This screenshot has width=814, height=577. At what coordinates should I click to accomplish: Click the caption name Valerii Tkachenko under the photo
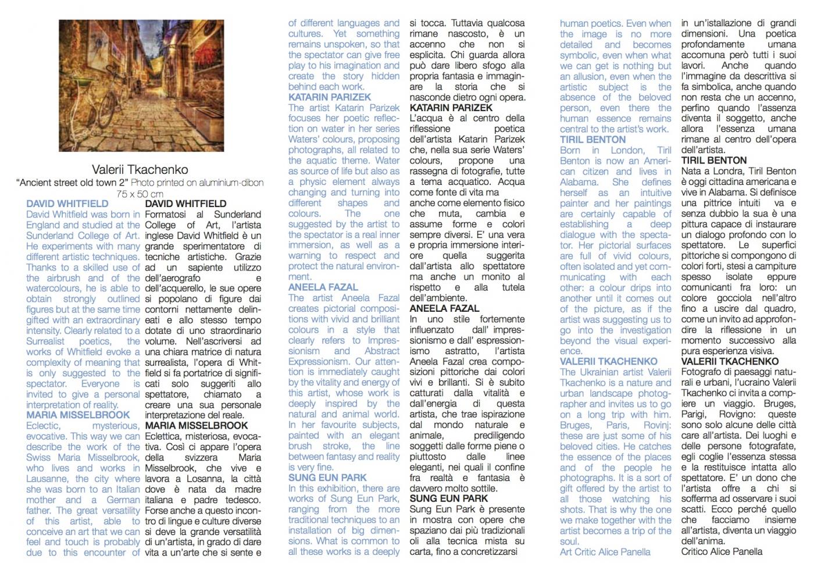point(140,170)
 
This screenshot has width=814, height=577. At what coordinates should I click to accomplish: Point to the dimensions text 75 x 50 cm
point(140,193)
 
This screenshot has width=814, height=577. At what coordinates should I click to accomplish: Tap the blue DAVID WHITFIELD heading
point(67,204)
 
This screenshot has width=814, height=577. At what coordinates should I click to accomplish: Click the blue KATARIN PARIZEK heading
point(330,97)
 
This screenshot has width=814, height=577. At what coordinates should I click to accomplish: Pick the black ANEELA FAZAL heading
point(444,308)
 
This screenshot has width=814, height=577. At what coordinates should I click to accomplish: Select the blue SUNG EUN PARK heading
point(327,478)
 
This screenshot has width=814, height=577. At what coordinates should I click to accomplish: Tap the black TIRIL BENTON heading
point(714,161)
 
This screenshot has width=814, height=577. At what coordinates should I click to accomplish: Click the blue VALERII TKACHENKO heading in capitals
point(609,362)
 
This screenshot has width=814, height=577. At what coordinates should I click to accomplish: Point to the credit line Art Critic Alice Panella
point(605,552)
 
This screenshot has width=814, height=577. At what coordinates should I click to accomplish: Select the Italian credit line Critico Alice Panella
point(722,552)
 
